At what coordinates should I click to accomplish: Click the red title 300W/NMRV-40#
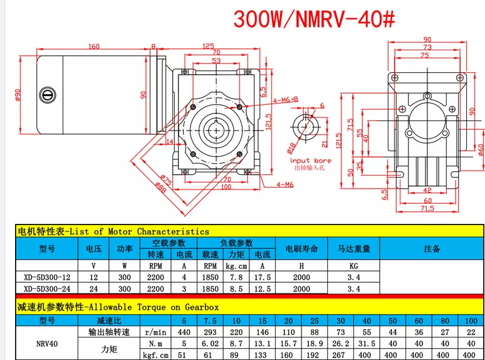[x=314, y=19]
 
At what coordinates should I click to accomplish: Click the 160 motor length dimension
[x=94, y=46]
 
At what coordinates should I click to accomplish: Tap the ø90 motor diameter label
[x=18, y=95]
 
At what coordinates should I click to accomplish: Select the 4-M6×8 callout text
[x=285, y=100]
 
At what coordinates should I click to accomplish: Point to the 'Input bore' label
[x=311, y=161]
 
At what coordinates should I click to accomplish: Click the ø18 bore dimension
[x=291, y=148]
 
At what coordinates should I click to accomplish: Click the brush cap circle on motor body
[x=48, y=95]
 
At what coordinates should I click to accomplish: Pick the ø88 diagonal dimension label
[x=161, y=188]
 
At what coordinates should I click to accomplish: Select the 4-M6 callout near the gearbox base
[x=285, y=185]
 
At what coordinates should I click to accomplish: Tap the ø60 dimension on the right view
[x=481, y=150]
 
